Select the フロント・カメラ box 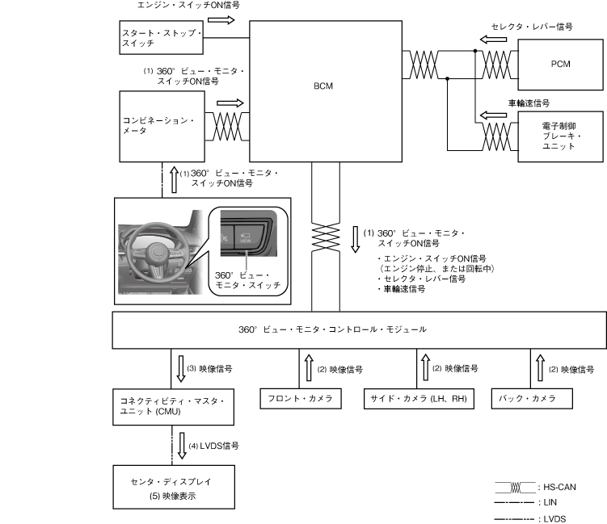[x=300, y=398]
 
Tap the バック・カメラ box [x=532, y=398]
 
